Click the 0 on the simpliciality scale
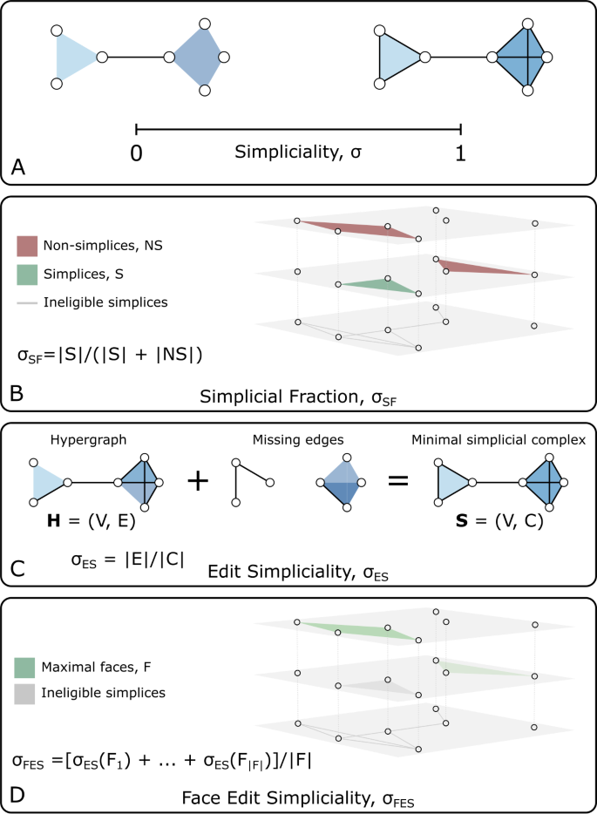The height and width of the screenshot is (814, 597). tap(137, 153)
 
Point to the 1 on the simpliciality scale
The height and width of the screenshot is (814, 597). tap(460, 153)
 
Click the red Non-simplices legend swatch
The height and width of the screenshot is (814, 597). tap(28, 246)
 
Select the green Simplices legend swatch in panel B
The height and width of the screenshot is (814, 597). tap(28, 275)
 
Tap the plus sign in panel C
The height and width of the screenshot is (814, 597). tap(199, 480)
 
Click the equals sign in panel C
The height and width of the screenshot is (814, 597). tap(398, 480)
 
